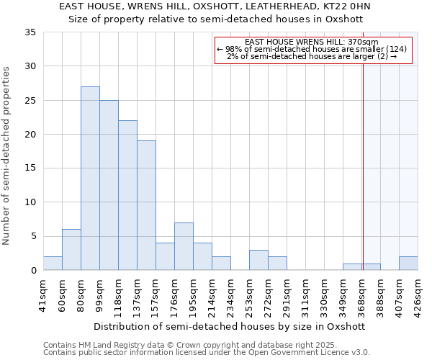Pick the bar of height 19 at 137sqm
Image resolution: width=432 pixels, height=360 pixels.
click(146, 205)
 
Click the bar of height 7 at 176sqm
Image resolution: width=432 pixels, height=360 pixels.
click(184, 246)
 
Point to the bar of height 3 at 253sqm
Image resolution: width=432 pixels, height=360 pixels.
click(258, 260)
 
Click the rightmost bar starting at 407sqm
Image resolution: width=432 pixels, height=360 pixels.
click(408, 264)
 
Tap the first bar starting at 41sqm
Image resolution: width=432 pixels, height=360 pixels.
click(53, 264)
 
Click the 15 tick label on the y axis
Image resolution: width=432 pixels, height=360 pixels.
click(30, 168)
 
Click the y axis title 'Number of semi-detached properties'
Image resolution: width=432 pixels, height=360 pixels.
click(7, 155)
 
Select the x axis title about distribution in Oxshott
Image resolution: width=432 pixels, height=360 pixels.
click(229, 326)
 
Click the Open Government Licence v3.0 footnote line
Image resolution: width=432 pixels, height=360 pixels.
click(207, 352)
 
